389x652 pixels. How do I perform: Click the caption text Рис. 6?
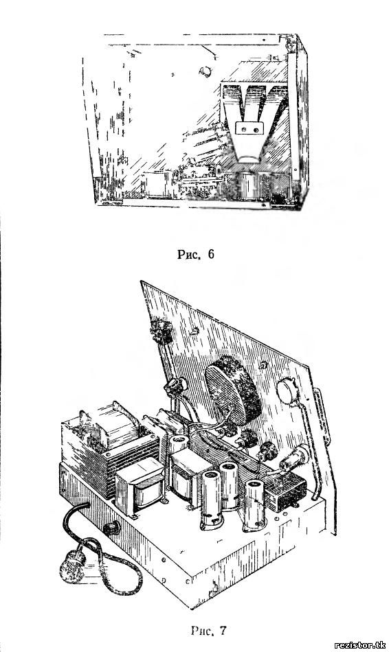(x=196, y=255)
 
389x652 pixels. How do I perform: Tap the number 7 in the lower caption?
(x=223, y=631)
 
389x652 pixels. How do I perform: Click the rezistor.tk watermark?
(x=360, y=645)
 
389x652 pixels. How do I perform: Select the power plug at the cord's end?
(x=72, y=568)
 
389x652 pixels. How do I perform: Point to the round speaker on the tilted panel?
(x=233, y=390)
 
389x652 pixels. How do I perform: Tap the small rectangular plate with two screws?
(x=249, y=128)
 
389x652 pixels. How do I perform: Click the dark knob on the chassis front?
(x=111, y=528)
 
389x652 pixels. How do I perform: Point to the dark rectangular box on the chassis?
(x=286, y=491)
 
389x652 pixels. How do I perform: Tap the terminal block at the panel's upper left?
(x=161, y=331)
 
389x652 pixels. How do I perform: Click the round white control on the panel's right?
(x=287, y=391)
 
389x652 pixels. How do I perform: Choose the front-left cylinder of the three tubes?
(x=212, y=500)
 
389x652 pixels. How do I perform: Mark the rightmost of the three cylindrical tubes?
(x=254, y=505)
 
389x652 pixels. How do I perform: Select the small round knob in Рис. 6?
(x=205, y=71)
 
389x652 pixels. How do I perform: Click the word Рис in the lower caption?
(x=202, y=631)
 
